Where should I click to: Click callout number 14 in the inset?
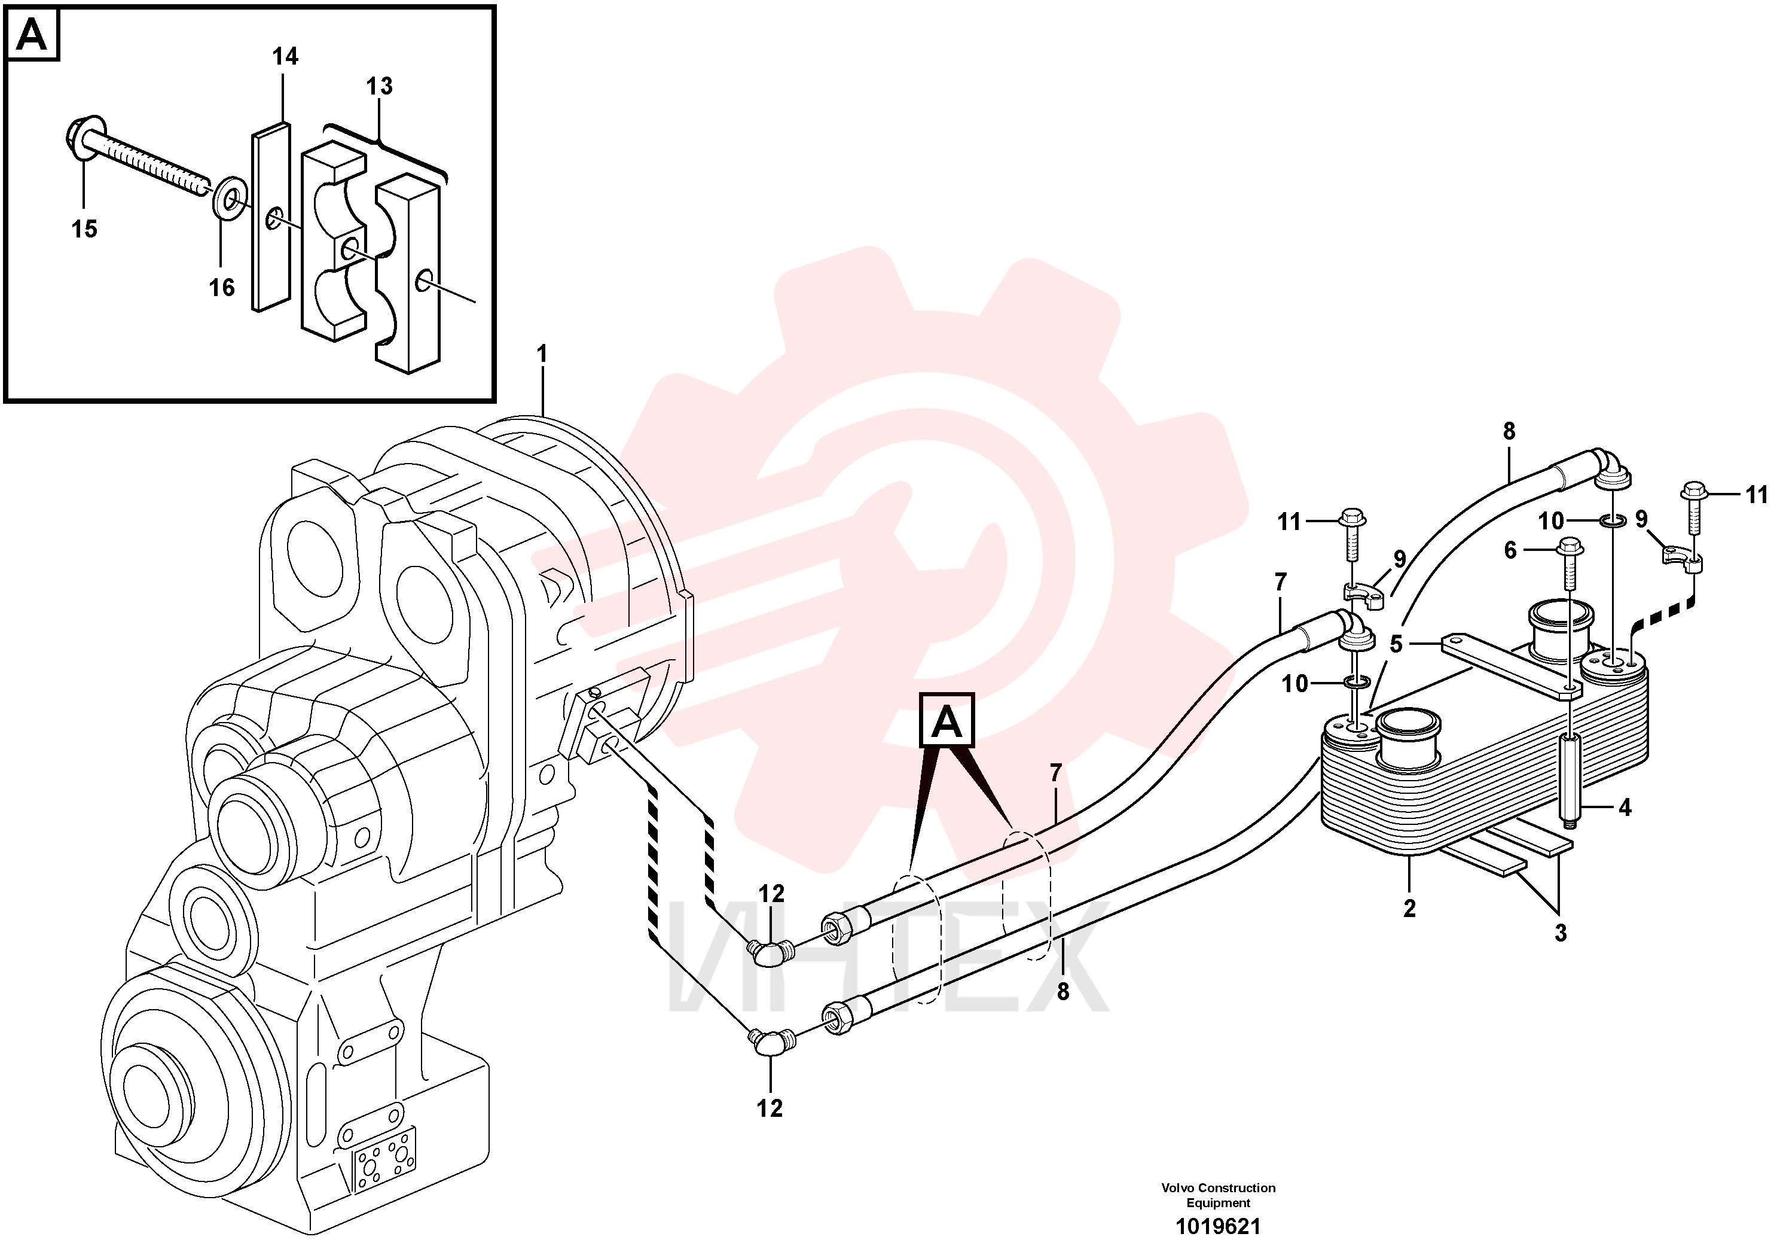[285, 57]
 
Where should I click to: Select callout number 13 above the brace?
[379, 86]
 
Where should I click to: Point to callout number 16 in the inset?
[222, 288]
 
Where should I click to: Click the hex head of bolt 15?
[82, 139]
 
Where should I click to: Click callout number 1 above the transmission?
[542, 354]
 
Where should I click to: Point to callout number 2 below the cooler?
[1409, 908]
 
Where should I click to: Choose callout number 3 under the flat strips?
[1561, 933]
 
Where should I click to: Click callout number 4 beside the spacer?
[1625, 808]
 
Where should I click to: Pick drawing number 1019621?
[1219, 1226]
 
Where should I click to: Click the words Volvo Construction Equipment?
[1219, 1195]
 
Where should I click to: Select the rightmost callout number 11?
[1757, 494]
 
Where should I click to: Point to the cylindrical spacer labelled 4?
[1570, 780]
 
